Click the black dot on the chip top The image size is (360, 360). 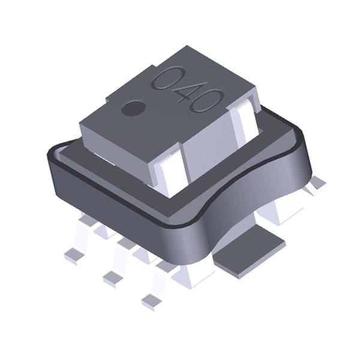click(133, 109)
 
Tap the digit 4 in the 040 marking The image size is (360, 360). click(184, 89)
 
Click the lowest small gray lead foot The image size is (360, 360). click(151, 300)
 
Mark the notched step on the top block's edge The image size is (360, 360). click(108, 96)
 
